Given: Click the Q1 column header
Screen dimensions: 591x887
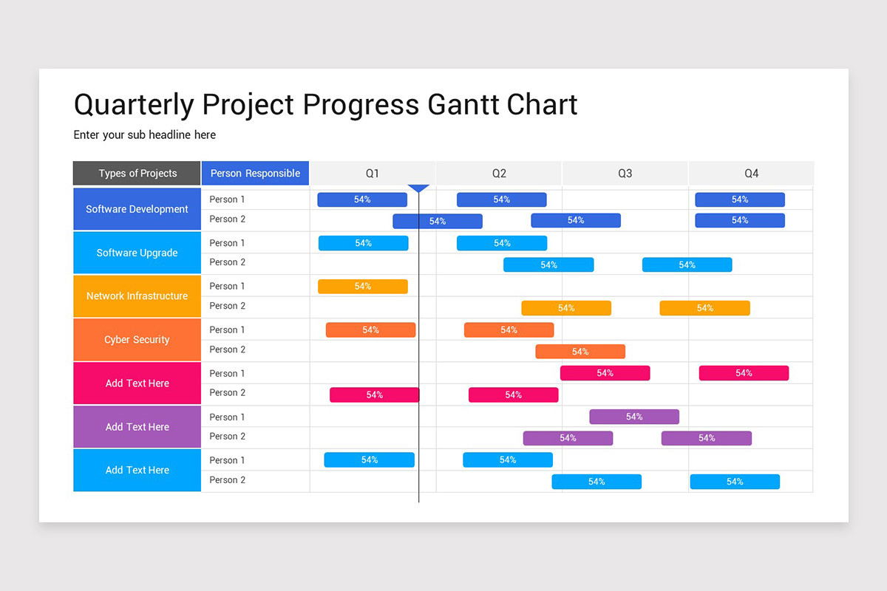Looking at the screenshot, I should (x=372, y=174).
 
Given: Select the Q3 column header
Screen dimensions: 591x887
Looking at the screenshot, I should (x=625, y=174).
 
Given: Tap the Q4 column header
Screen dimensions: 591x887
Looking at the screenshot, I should (x=751, y=174).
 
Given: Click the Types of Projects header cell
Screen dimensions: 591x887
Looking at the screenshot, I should (x=137, y=174).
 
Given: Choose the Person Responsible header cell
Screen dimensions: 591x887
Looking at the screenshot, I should (x=255, y=174).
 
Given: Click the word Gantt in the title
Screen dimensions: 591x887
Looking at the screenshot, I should (x=463, y=104).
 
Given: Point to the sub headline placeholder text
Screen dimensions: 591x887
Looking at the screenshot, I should (x=145, y=135).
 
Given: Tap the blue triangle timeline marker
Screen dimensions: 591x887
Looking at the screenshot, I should (x=419, y=188).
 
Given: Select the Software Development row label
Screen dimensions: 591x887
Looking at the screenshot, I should (x=137, y=209).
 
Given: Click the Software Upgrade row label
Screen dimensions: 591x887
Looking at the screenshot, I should (x=137, y=253).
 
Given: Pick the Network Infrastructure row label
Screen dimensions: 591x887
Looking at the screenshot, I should (x=137, y=296).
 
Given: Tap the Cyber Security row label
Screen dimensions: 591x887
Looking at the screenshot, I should (x=137, y=340).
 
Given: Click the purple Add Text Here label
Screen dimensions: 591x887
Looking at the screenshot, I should (x=137, y=427).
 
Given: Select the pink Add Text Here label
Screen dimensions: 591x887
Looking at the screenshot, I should (x=137, y=383).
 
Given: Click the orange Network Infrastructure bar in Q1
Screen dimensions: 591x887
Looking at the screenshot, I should (x=362, y=287).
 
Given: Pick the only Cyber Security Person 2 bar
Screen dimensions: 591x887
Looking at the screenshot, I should (x=580, y=352).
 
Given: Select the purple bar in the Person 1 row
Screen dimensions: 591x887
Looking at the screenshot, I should (x=634, y=417).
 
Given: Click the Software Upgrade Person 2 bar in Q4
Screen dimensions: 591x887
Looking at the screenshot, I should (x=687, y=264).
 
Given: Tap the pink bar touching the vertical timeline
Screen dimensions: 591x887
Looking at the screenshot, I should (x=374, y=395).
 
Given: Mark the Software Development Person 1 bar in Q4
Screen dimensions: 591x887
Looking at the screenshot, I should (x=740, y=199).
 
